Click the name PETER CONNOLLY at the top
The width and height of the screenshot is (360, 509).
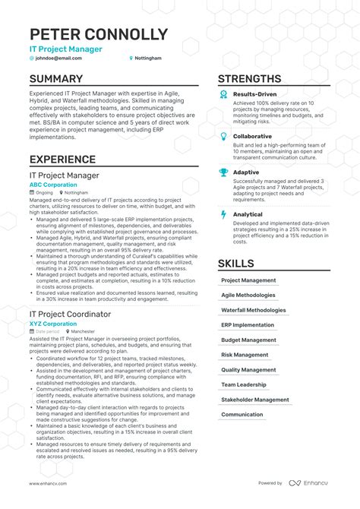click(x=99, y=34)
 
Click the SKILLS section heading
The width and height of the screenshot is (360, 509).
click(x=237, y=264)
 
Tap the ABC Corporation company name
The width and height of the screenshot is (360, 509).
click(x=53, y=185)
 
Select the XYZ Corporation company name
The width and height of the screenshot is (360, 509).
click(x=53, y=324)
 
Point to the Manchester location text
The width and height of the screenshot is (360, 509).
click(x=83, y=332)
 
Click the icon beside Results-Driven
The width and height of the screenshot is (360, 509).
click(x=223, y=94)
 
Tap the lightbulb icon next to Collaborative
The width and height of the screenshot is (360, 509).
click(x=223, y=137)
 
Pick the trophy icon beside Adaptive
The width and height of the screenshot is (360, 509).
click(x=223, y=172)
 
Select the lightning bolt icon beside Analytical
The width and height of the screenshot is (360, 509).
click(x=223, y=215)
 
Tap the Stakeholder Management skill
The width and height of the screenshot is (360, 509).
click(x=255, y=400)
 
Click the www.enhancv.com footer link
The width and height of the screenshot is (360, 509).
click(x=48, y=483)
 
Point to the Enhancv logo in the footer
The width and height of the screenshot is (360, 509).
click(x=308, y=483)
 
